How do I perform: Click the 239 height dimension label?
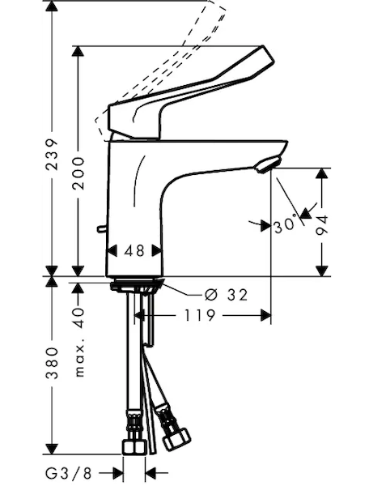click(52, 154)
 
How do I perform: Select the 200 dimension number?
click(78, 173)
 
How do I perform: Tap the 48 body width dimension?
click(134, 251)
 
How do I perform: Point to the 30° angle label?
click(286, 224)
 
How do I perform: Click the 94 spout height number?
click(322, 225)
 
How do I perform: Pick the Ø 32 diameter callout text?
click(227, 295)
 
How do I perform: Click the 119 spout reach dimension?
click(200, 316)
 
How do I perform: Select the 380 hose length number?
click(52, 363)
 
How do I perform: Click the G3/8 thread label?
click(69, 473)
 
